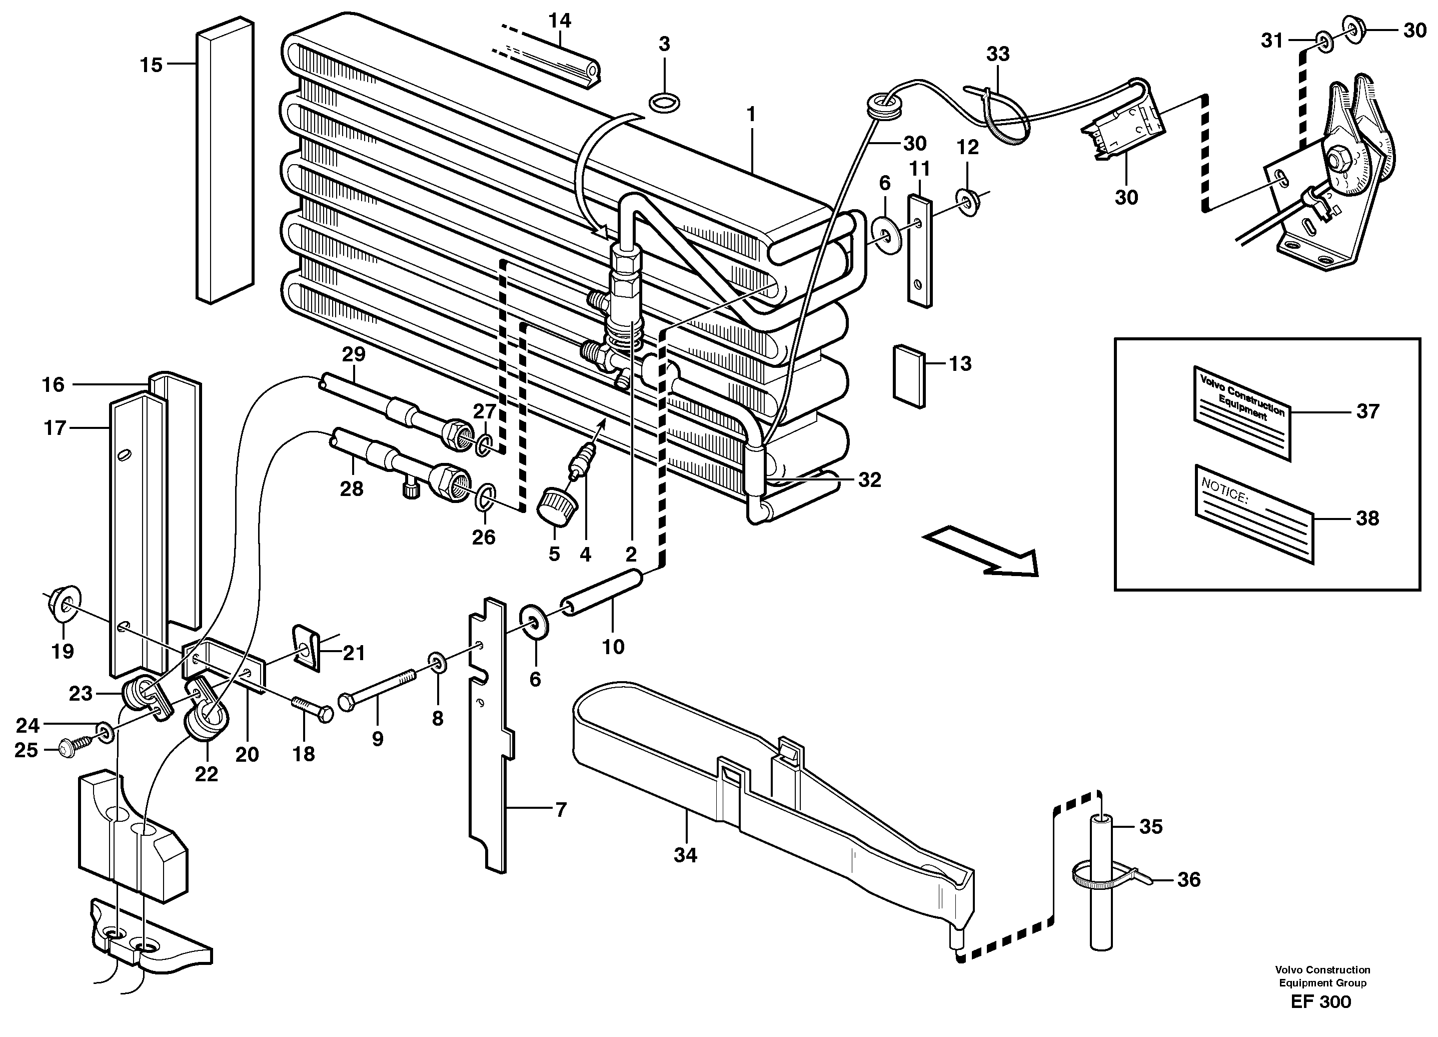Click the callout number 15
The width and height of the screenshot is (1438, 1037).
(151, 65)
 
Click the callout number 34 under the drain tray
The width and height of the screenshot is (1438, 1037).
(685, 856)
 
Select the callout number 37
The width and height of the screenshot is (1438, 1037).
(1367, 411)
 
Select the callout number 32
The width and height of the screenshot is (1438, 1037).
(869, 480)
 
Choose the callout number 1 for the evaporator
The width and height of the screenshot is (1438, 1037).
(751, 115)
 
